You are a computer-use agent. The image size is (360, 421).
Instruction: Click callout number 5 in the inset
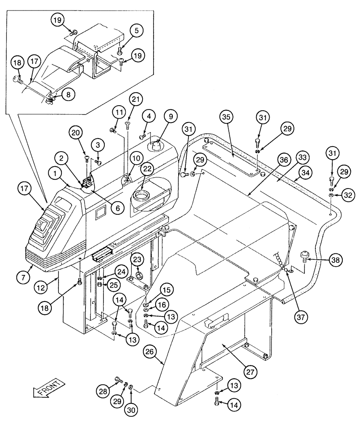point(125,30)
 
